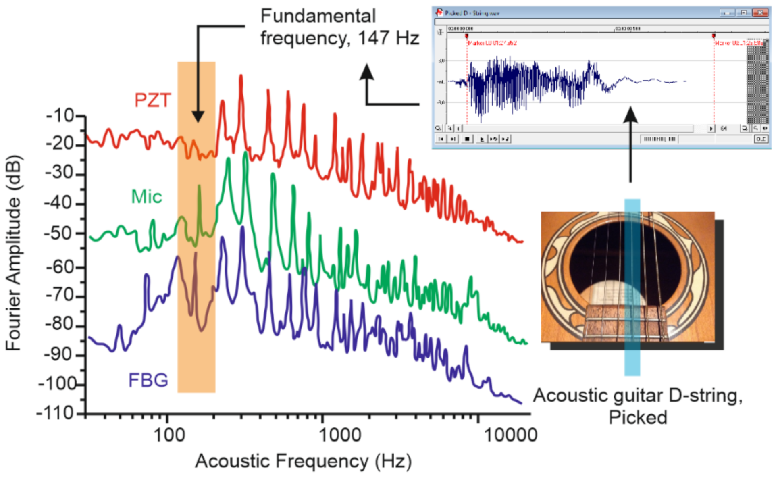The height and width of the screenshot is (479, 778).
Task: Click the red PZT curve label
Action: [x=152, y=100]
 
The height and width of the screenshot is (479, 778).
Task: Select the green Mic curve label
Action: [x=147, y=197]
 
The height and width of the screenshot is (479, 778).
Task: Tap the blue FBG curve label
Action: [x=148, y=380]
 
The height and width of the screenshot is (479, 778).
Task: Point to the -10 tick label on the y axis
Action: [x=60, y=116]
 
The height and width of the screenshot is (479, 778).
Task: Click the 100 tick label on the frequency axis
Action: [x=169, y=436]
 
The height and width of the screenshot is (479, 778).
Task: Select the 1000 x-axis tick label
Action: [x=339, y=436]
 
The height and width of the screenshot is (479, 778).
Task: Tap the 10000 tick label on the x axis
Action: [x=510, y=436]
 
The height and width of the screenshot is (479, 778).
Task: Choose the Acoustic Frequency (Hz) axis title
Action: [x=303, y=461]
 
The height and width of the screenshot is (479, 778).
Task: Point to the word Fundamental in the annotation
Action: [x=318, y=17]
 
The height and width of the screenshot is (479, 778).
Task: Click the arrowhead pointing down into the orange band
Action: [x=198, y=117]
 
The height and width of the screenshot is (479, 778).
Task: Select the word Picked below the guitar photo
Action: [x=638, y=418]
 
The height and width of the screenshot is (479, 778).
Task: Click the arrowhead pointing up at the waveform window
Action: [x=630, y=115]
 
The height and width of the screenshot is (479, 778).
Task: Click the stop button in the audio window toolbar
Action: [x=467, y=139]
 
